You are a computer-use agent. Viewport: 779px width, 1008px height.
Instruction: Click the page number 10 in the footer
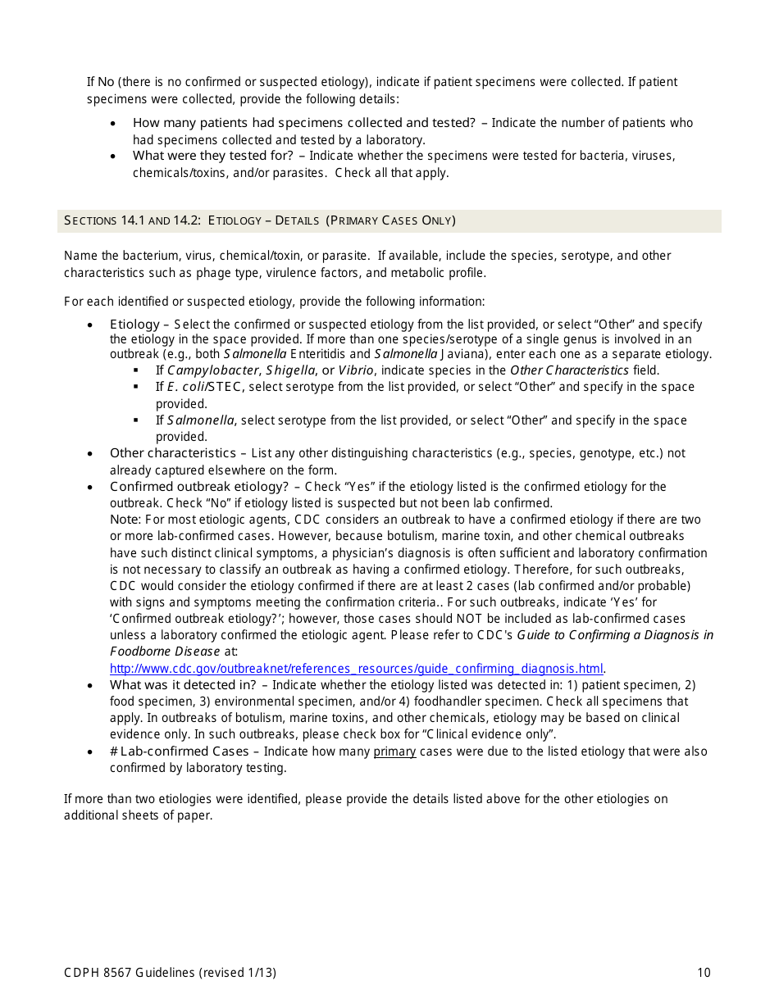coord(704,973)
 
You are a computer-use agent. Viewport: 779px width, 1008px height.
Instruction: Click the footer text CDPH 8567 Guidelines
coord(130,973)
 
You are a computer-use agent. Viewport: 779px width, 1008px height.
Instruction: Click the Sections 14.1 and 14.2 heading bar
coord(389,220)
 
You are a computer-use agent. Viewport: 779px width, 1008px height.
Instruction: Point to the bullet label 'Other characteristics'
coord(172,453)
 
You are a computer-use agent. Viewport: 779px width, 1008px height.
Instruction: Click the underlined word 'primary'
coord(394,751)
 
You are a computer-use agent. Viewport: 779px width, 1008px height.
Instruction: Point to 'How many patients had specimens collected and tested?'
coord(303,123)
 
